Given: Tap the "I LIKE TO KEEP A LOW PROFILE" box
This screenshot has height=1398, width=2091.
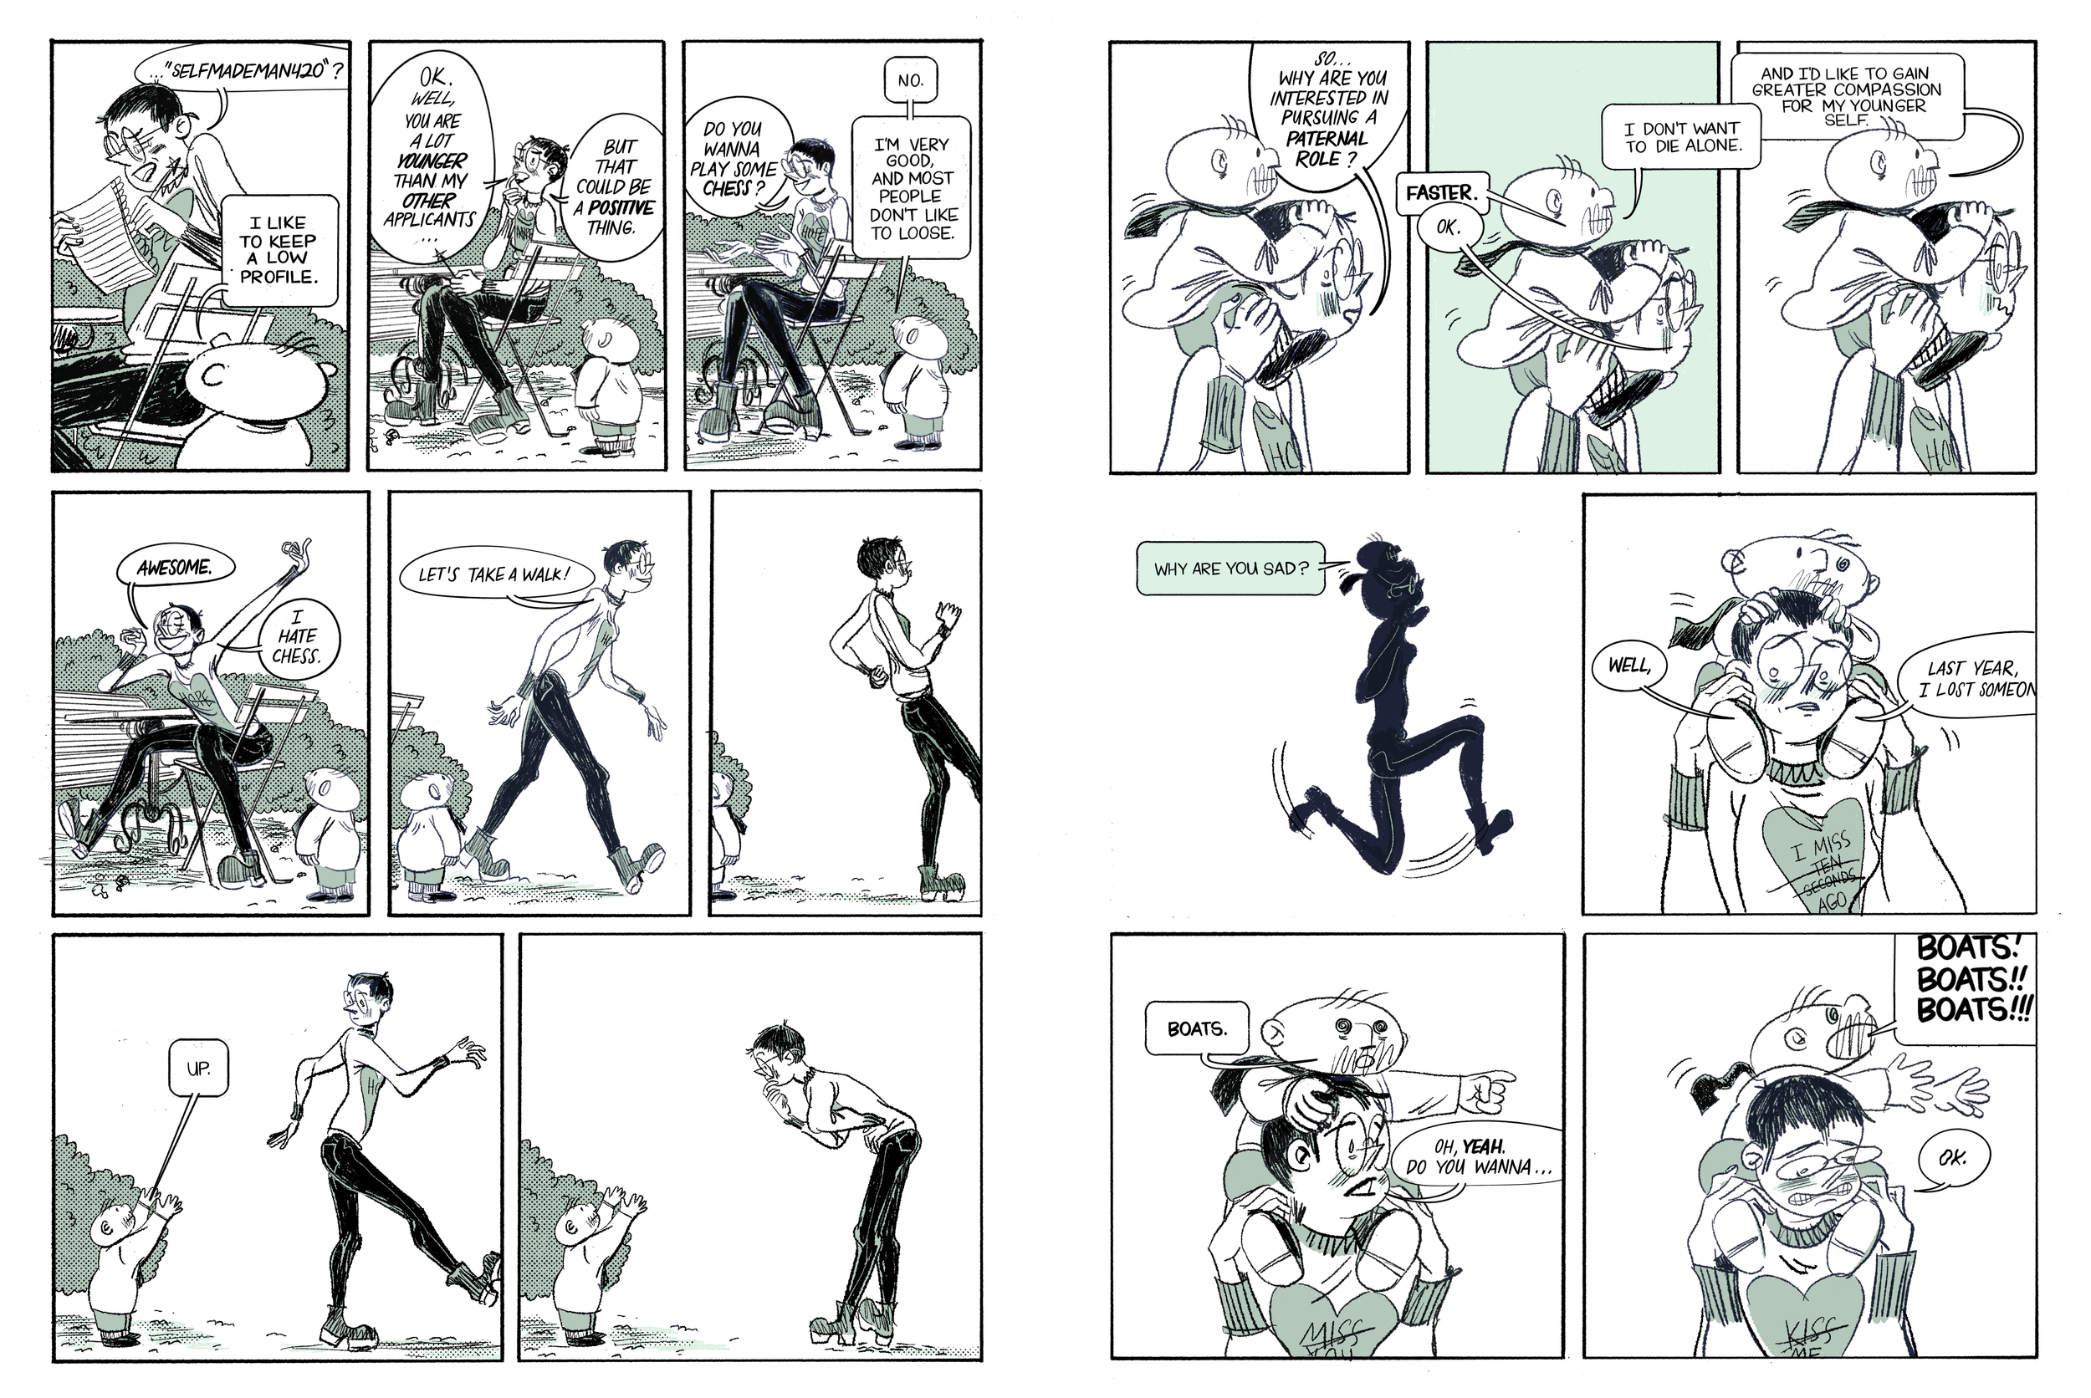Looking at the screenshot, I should point(278,250).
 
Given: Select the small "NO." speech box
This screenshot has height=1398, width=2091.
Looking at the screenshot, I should point(910,80).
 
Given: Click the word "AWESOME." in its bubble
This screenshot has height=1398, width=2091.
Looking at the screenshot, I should point(175,568).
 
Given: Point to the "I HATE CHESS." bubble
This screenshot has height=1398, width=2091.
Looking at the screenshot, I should point(297,635).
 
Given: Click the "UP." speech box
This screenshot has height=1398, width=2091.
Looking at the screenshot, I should point(198,1067).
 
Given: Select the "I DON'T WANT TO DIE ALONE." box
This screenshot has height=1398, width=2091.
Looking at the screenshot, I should point(1681,136).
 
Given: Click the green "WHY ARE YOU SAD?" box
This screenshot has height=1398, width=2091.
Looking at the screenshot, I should point(1230,569).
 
